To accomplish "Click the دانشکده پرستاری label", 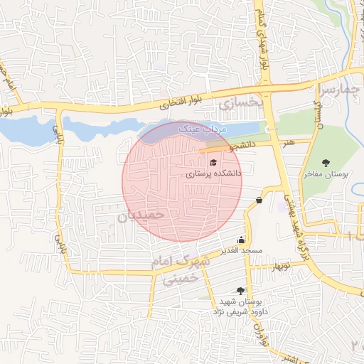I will point(213,173).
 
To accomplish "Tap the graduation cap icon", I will point(213,163).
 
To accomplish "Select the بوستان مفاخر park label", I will point(326,173).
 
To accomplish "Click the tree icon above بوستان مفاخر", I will point(326,164).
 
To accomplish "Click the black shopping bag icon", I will point(258,200).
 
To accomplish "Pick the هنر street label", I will point(289,143).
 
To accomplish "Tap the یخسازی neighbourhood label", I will point(241,105).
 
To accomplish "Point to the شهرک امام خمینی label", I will point(181,271).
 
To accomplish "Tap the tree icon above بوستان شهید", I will point(240,291).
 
